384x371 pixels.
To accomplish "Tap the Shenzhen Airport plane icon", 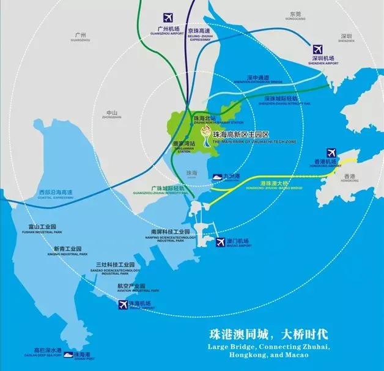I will [x=317, y=48].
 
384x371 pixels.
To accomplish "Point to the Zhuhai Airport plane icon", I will [x=122, y=304].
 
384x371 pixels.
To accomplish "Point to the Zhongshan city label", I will [x=111, y=114].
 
